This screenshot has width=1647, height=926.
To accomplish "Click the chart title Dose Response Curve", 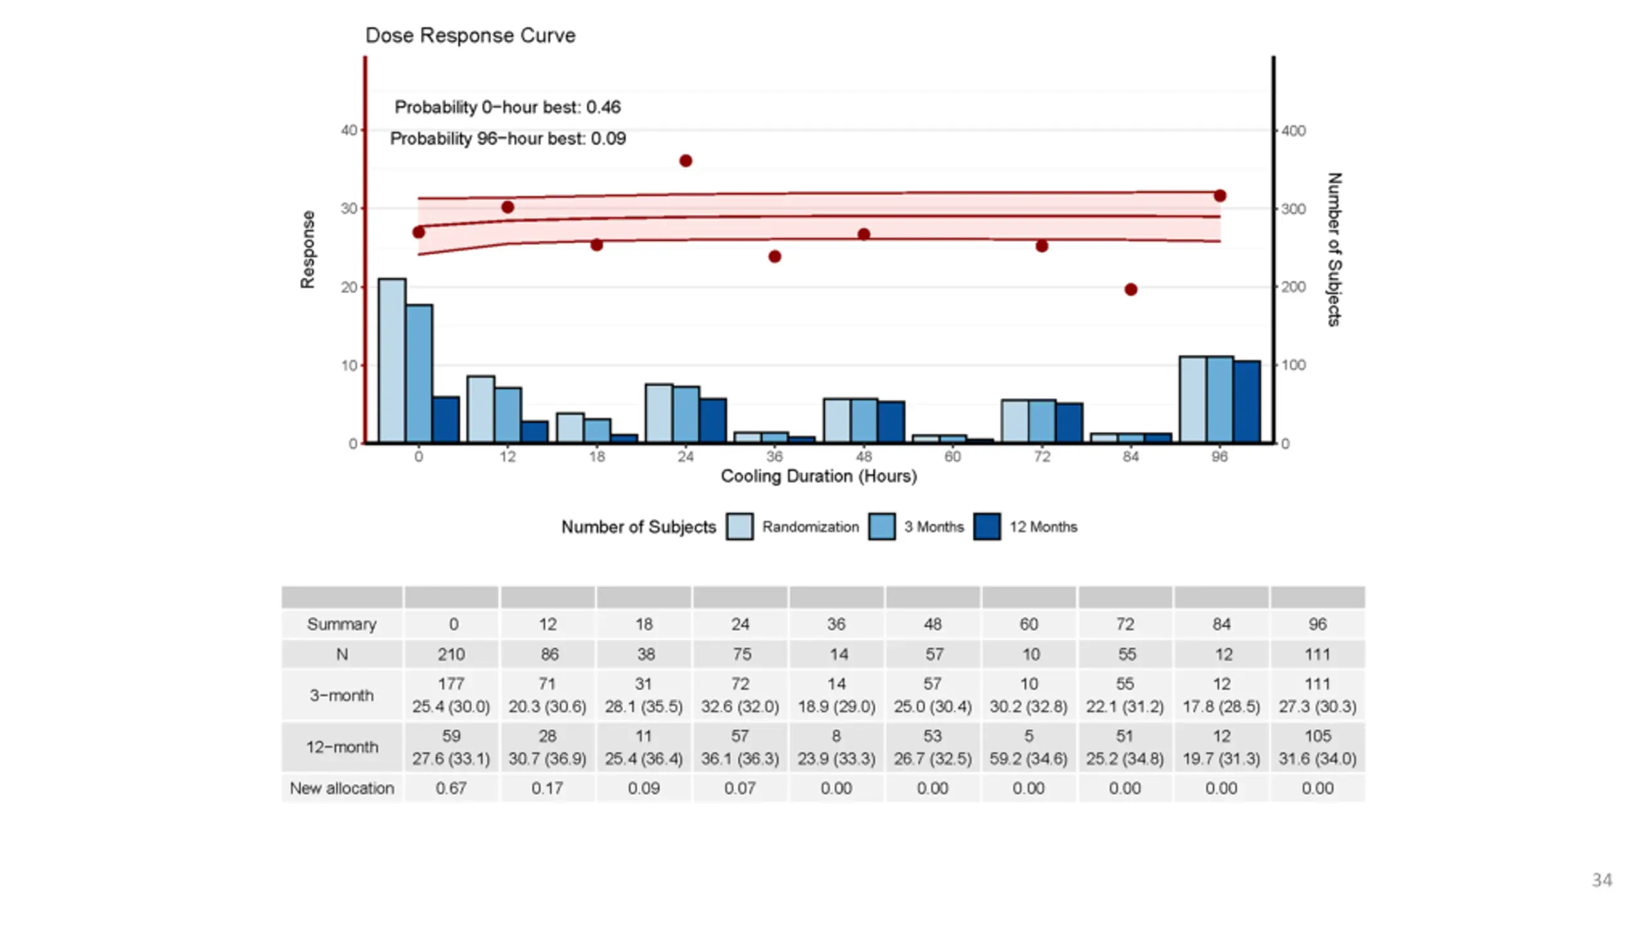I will tap(470, 35).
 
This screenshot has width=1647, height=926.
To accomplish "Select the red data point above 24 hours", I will tap(686, 161).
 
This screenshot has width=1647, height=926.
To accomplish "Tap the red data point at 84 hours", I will tap(1131, 289).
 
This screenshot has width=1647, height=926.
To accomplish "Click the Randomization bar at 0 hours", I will tap(392, 361).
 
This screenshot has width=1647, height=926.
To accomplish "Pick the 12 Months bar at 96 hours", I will tap(1247, 402).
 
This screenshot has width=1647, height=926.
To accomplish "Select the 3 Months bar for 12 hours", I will tap(508, 415).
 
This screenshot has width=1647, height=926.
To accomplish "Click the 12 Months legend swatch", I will tap(987, 527).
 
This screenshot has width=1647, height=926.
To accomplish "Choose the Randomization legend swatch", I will tap(740, 527).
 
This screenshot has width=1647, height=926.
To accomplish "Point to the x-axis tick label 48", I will tap(863, 457).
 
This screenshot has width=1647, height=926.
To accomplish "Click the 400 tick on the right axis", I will tap(1293, 131).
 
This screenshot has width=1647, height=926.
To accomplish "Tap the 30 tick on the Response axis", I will tap(349, 208).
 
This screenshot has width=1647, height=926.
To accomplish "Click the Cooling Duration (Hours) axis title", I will tap(819, 477).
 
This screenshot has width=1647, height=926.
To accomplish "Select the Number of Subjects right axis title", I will tap(1334, 250).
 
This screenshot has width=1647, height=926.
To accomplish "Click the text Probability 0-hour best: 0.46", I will tap(508, 107).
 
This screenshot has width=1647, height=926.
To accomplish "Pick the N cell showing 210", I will tap(451, 655).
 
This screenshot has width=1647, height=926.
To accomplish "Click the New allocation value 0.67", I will tap(451, 788).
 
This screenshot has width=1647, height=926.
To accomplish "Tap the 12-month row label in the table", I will tap(342, 747).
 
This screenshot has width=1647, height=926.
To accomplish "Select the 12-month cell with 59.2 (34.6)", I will tap(1029, 759).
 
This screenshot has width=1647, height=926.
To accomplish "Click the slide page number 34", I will tap(1602, 880).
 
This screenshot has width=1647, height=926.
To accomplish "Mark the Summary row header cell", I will tap(342, 624).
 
